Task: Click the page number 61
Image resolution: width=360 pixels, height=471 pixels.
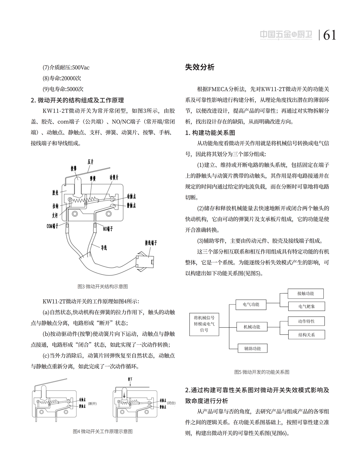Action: click(x=329, y=35)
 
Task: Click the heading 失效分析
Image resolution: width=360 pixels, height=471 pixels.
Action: click(x=200, y=67)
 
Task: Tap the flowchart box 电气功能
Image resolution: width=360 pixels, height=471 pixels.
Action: click(x=251, y=304)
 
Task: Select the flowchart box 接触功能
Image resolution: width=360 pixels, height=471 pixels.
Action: click(x=306, y=293)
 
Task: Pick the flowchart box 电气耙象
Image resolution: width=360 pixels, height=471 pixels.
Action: click(x=306, y=306)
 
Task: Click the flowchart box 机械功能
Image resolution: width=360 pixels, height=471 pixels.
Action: click(x=252, y=327)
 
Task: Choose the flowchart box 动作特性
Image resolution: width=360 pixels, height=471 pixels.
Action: click(x=306, y=321)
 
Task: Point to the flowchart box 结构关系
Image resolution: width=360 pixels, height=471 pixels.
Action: click(x=306, y=334)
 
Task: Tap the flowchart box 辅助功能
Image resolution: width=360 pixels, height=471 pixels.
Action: click(x=252, y=348)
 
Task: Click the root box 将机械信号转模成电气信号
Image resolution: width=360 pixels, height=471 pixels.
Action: click(x=204, y=324)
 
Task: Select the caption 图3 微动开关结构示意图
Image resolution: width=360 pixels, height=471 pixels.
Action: click(x=103, y=286)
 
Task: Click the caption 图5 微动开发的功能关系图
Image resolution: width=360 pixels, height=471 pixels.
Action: click(x=262, y=372)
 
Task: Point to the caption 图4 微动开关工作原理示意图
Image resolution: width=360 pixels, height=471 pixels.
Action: click(x=103, y=431)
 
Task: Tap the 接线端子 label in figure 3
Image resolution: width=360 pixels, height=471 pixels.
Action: click(x=151, y=243)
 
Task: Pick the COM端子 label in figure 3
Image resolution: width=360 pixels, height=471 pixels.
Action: click(x=52, y=226)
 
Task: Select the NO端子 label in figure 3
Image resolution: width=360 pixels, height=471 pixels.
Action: click(x=108, y=229)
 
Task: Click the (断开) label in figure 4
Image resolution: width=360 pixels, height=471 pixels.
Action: click(x=92, y=403)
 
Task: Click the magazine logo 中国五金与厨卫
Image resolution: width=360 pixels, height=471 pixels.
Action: click(x=286, y=35)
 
